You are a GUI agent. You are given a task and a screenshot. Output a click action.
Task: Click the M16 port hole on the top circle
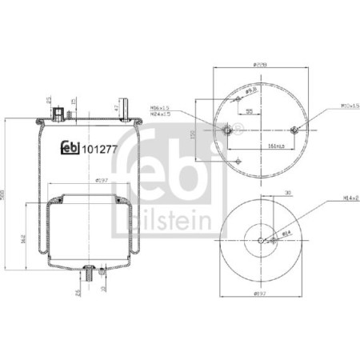tap(226, 130)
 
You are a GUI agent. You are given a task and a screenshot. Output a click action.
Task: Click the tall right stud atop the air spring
tap(102, 112)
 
